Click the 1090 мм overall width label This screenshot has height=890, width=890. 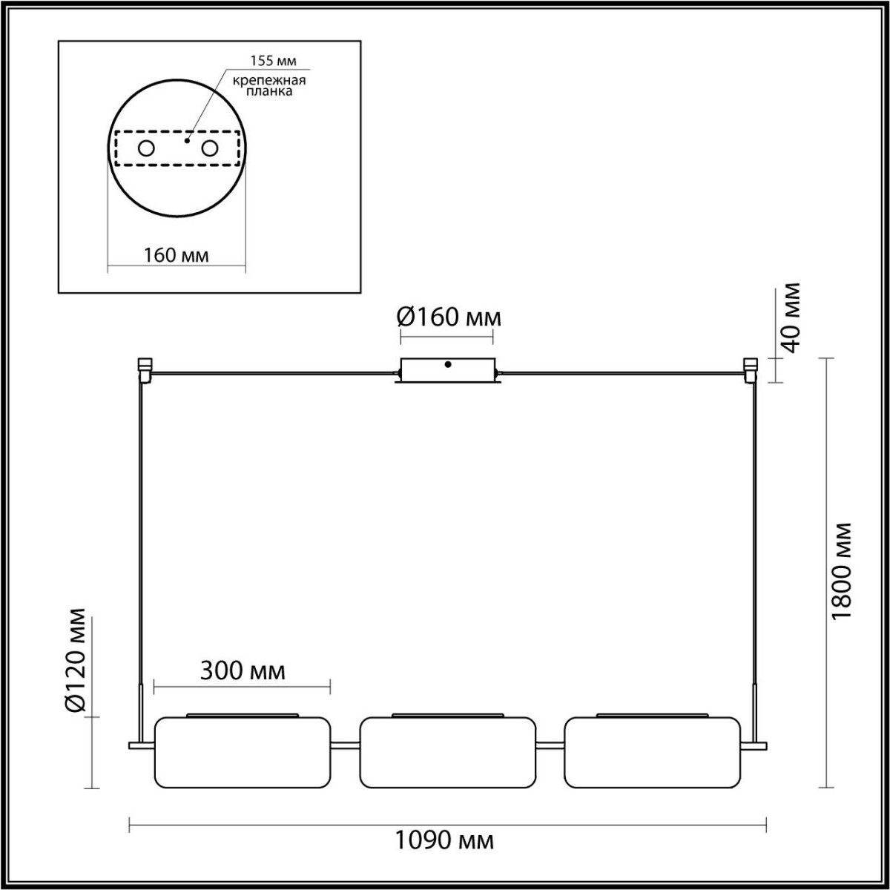point(444,840)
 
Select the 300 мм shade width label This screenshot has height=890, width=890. point(243,670)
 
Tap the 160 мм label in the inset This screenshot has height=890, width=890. point(177,255)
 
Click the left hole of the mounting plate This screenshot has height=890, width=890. point(146,148)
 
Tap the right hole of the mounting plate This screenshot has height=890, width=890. point(211,148)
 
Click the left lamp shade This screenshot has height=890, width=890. point(242,752)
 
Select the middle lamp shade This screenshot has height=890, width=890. point(447,752)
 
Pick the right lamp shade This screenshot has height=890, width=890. point(652,752)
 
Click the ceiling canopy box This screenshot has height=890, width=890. point(447,371)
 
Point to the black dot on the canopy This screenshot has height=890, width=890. point(447,364)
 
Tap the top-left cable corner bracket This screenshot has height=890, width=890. point(145,369)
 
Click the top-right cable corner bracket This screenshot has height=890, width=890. point(751,369)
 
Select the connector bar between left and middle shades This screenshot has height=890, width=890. point(345,745)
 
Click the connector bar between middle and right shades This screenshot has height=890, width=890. point(550,745)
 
